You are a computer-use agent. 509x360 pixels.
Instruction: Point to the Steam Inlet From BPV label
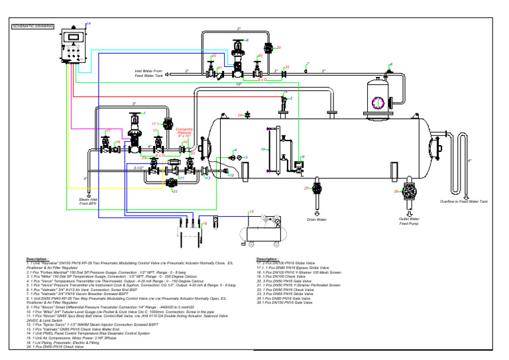pyautogui.click(x=87, y=201)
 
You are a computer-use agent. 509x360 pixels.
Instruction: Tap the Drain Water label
pyautogui.click(x=317, y=219)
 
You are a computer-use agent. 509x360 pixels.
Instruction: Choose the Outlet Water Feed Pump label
pyautogui.click(x=410, y=221)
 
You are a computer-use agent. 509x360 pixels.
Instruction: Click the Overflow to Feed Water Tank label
pyautogui.click(x=465, y=202)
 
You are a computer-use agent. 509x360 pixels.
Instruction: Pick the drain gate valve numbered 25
pyautogui.click(x=317, y=191)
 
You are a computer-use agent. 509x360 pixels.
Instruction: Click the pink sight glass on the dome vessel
pyautogui.click(x=379, y=101)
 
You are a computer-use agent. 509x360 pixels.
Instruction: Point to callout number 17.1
pyautogui.click(x=155, y=124)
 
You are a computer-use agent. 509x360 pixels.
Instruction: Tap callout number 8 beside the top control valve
pyautogui.click(x=247, y=40)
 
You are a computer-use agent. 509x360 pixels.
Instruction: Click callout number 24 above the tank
pyautogui.click(x=241, y=115)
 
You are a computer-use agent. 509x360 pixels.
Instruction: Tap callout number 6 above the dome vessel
pyautogui.click(x=391, y=64)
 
